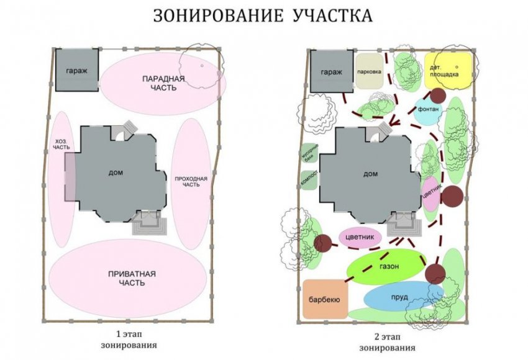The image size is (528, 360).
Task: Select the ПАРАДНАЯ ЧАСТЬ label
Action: point(158,83)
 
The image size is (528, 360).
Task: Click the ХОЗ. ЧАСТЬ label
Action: point(61,144)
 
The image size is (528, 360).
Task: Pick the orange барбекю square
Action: point(324,300)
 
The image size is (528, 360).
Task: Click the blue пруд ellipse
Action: point(399,297)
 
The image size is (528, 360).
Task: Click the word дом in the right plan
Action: point(370,174)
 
